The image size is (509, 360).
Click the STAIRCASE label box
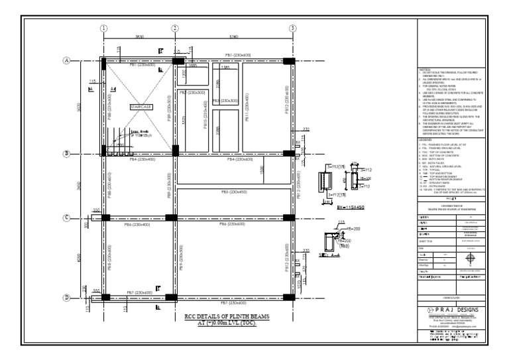pos(142,107)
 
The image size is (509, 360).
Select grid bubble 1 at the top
pos(104,28)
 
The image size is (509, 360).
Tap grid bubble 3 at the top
pos(292,28)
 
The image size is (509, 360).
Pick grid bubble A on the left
pos(67,60)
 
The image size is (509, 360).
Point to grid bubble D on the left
pos(67,297)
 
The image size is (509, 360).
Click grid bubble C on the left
pos(67,217)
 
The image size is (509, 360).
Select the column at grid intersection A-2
pos(177,60)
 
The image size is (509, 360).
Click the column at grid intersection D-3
pos(290,297)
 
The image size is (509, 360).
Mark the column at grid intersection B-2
pos(175,154)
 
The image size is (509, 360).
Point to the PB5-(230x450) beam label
pos(233,192)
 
